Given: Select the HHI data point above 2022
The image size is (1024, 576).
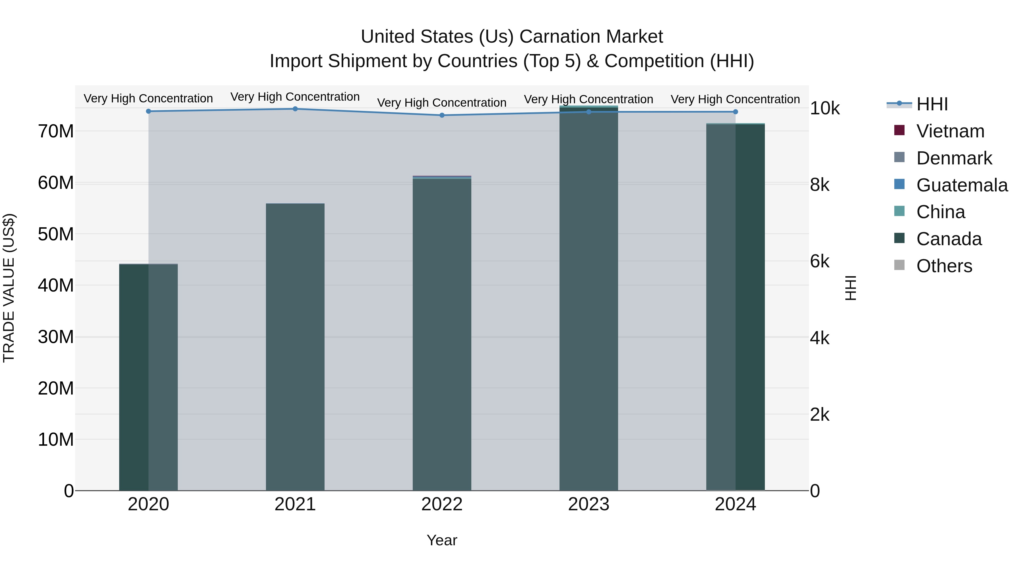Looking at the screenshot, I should [442, 115].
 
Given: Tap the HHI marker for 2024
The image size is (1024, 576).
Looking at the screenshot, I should [735, 112].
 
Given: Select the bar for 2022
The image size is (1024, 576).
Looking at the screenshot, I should [442, 334].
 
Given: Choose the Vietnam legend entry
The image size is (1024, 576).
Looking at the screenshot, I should [950, 131].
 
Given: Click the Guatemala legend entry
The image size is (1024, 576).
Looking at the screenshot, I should [962, 185].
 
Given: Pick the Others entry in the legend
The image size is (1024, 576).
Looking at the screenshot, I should [944, 266].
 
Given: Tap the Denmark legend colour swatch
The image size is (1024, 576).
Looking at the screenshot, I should [899, 157].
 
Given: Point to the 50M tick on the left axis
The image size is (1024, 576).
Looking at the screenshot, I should [56, 234].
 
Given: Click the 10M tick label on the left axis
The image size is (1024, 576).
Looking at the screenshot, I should [56, 440].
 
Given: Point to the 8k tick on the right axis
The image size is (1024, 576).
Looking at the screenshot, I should [820, 185].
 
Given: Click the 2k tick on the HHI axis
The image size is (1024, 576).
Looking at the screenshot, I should [820, 415].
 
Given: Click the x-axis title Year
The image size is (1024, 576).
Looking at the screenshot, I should [442, 540].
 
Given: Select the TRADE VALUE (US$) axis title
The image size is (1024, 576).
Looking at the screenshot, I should [9, 288].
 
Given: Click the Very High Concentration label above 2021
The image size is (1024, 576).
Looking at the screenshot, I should [295, 97].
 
